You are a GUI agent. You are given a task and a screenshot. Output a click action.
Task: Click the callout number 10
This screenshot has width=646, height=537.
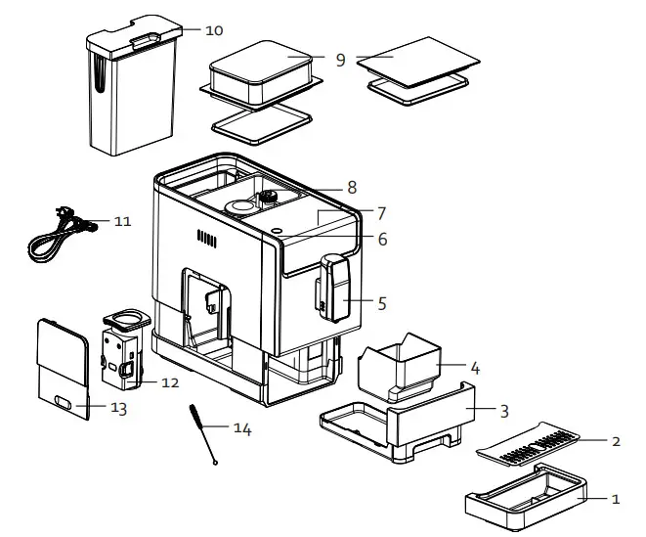[215, 29]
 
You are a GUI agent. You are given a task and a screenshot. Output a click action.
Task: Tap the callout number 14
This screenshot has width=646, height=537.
[240, 428]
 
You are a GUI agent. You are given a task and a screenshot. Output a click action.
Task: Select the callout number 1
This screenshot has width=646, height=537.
[615, 499]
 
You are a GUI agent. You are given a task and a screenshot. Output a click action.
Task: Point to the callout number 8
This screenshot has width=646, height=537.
[352, 187]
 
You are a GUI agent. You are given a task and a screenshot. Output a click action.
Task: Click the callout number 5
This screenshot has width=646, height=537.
[382, 303]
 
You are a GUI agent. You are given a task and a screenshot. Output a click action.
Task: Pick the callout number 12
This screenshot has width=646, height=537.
[170, 382]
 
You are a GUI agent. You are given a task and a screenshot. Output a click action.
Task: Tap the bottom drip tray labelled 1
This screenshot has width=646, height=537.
[526, 498]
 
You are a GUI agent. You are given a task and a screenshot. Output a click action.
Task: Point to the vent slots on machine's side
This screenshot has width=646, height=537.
[205, 238]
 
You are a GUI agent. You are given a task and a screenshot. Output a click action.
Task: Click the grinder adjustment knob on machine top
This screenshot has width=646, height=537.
[266, 198]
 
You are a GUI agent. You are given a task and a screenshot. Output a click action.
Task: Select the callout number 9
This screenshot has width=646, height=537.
[340, 60]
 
